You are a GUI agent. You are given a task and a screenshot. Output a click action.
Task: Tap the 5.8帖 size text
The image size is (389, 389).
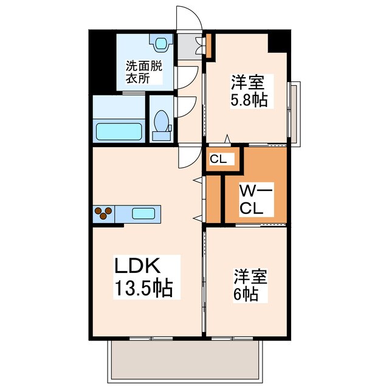point(249,99)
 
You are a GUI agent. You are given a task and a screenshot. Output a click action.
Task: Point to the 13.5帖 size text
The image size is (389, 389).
point(145,287)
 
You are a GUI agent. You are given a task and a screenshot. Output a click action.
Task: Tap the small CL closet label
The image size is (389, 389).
point(218,159)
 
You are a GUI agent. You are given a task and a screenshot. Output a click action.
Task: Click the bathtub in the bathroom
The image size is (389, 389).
point(120,131)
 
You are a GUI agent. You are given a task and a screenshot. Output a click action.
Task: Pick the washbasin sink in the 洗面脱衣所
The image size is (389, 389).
point(160,43)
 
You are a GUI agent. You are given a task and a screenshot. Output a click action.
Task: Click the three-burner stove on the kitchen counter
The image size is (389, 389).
point(103,213)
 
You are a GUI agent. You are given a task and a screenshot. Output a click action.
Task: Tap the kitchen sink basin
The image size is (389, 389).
point(143,213)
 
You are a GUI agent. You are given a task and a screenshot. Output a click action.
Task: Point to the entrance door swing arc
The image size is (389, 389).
point(189,17)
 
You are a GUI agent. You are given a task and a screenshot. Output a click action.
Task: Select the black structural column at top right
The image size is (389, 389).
point(279,41)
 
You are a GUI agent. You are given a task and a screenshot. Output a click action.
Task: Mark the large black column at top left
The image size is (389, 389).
point(102,60)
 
